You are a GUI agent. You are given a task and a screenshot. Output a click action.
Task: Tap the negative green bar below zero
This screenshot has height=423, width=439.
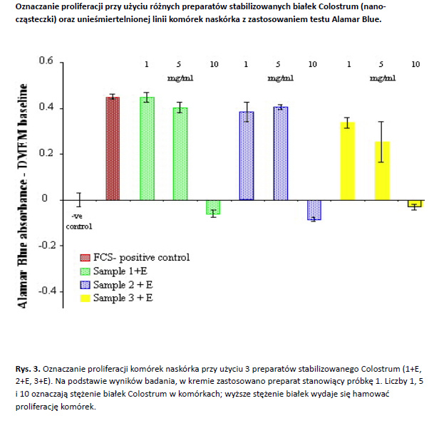212,207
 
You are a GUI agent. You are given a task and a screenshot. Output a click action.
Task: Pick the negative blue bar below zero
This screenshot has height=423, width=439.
314,209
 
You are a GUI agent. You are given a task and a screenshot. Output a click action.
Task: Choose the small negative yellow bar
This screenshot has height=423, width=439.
414,203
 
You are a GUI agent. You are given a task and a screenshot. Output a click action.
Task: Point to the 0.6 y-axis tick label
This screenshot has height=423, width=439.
46,61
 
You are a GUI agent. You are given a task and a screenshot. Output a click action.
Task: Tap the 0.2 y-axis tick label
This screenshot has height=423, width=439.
46,154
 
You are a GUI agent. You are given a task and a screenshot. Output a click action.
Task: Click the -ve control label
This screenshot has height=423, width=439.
79,221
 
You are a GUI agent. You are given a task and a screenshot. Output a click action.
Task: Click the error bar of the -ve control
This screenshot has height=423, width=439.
79,200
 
